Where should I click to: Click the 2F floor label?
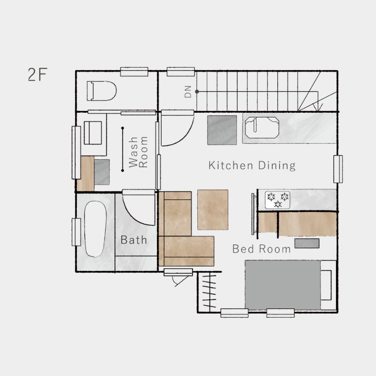(38, 74)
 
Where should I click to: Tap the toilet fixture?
(102, 91)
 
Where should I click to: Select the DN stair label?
(188, 92)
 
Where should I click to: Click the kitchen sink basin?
(262, 127)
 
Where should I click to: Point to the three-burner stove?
(277, 200)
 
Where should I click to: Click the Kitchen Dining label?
(252, 166)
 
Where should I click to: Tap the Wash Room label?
(138, 152)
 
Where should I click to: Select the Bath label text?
(133, 240)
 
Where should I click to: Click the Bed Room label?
(261, 249)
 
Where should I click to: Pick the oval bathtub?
(95, 229)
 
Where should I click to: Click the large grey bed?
(282, 285)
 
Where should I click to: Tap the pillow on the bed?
(326, 285)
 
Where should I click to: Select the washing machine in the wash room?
(93, 133)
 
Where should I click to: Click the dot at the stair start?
(197, 92)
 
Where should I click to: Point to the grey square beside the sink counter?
(222, 130)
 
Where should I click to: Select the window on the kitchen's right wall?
(338, 169)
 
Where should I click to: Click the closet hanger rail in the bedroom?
(210, 292)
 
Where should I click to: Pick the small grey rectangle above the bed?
(307, 243)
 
